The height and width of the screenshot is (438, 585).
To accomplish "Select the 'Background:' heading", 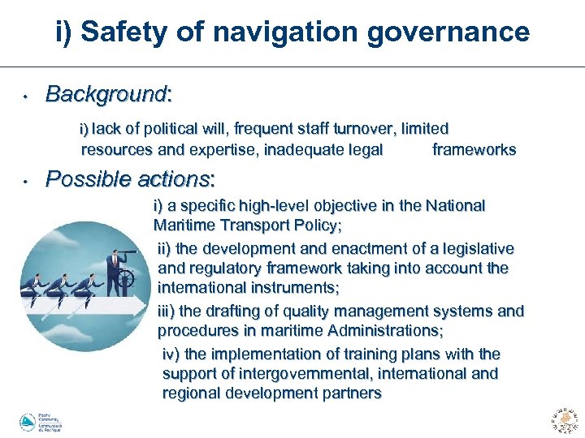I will point(108,94).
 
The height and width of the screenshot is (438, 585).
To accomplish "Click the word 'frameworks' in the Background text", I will point(474,149).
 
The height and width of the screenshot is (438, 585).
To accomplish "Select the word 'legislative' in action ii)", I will point(474,248).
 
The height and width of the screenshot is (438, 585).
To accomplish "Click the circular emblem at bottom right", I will point(564,418).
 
